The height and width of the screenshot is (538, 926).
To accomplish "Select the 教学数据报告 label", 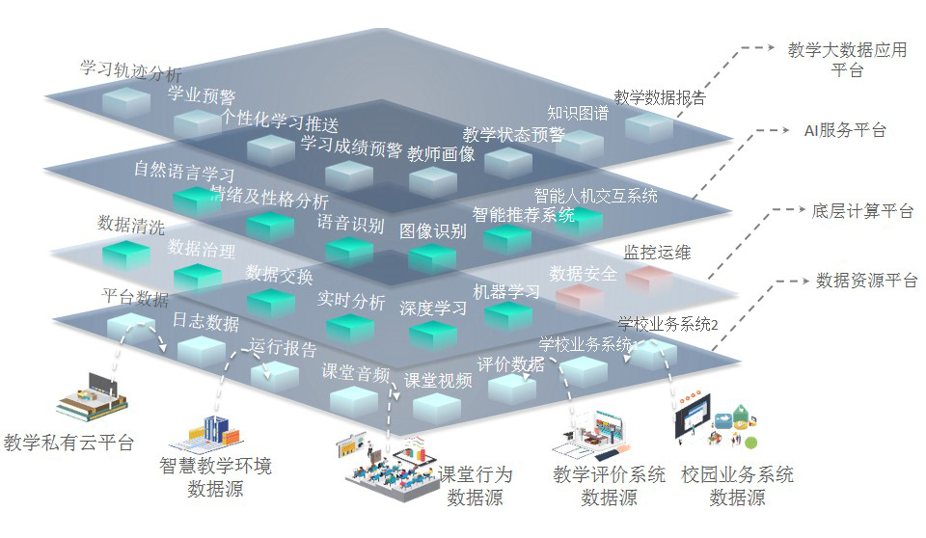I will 659,97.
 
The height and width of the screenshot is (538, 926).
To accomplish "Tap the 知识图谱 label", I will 578,113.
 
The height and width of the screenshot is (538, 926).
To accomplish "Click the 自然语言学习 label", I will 184,172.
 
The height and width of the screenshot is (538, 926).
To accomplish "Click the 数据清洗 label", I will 131,226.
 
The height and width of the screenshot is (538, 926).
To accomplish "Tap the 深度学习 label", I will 433,309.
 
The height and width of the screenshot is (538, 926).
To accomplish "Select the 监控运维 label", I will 658,253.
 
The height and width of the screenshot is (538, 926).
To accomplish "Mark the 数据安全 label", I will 583,274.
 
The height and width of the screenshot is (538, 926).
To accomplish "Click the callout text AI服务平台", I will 845,130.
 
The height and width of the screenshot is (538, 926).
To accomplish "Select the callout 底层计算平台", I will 862,211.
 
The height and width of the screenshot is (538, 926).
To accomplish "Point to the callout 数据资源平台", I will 866,281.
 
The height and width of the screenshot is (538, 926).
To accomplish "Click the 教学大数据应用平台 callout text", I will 847,60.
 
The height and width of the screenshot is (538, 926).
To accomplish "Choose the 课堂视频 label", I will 438,380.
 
